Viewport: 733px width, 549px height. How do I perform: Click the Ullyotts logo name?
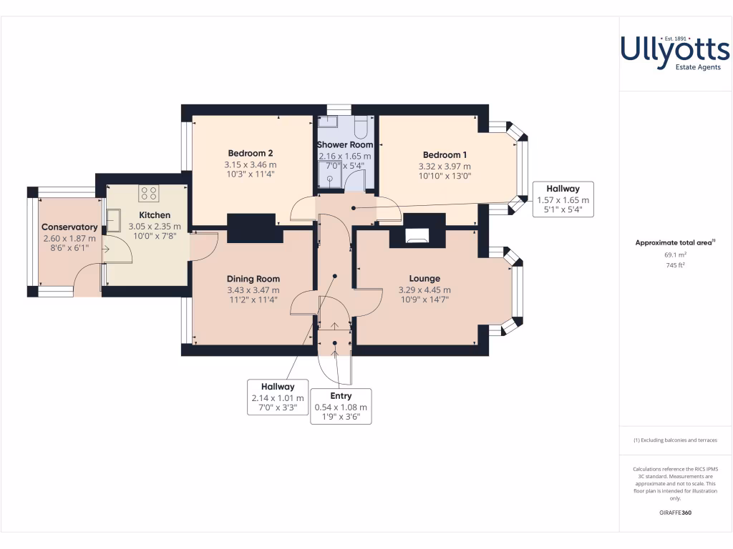[674, 49]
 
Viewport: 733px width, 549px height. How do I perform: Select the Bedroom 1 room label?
[445, 155]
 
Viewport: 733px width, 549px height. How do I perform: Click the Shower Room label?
[345, 144]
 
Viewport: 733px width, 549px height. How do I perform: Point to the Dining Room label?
[253, 279]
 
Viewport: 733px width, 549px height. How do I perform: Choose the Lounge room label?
[424, 279]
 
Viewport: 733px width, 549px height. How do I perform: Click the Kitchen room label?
[155, 215]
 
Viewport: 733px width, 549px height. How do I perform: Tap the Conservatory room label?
[69, 227]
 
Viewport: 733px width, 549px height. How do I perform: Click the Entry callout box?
[341, 407]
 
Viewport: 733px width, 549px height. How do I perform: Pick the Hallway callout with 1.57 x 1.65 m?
[563, 199]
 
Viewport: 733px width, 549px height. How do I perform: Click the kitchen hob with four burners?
[149, 192]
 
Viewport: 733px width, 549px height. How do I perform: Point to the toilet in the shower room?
[360, 127]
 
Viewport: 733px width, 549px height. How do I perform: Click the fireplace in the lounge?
[417, 236]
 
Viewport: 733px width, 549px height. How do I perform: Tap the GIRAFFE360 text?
[675, 513]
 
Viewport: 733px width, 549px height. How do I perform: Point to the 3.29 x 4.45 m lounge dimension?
[424, 290]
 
